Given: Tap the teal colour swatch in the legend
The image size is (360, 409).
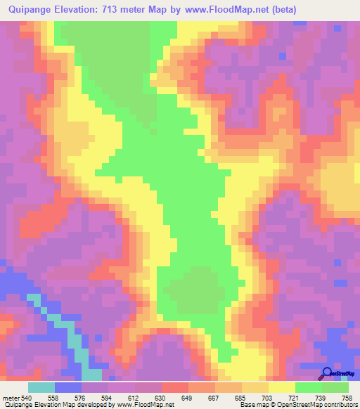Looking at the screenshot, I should point(41,387).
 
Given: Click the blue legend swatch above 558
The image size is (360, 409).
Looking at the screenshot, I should point(68,387).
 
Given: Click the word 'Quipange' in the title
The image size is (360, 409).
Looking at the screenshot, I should point(29,9).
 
